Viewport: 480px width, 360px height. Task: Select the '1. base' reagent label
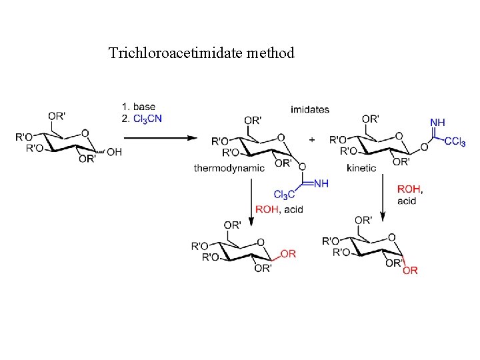click(139, 107)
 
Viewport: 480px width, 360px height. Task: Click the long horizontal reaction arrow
click(161, 138)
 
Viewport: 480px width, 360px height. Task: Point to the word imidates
click(309, 109)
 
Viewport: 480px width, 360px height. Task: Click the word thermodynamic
click(229, 169)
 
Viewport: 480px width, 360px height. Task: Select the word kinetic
click(361, 169)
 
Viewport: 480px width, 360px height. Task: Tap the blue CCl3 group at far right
click(455, 141)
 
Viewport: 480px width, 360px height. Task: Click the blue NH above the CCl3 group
click(437, 123)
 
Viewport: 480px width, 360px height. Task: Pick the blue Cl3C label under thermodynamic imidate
click(284, 195)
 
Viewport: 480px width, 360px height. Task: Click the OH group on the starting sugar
click(114, 152)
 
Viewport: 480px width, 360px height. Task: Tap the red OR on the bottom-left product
click(288, 254)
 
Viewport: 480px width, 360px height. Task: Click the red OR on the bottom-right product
click(411, 270)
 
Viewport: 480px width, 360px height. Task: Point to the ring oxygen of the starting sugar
click(85, 133)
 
